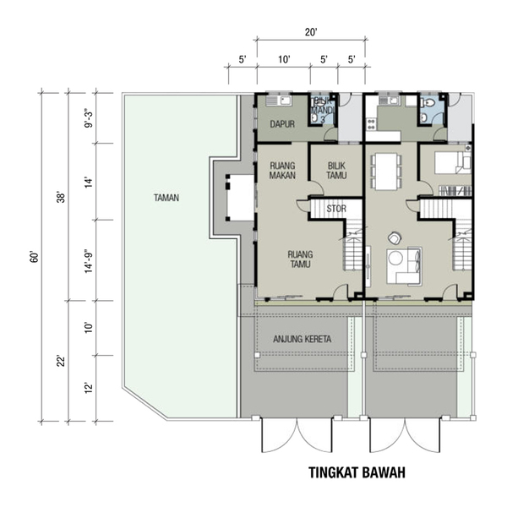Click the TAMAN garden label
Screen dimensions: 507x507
(x=166, y=198)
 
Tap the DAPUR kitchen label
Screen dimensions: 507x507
(x=282, y=124)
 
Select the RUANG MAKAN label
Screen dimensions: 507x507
(x=282, y=171)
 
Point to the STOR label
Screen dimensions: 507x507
(x=336, y=209)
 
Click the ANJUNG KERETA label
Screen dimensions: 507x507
(x=302, y=339)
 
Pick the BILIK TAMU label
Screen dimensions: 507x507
(x=336, y=171)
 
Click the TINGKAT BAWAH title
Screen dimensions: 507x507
(x=357, y=472)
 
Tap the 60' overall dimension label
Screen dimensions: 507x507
(x=35, y=256)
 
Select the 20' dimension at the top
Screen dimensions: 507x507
(x=311, y=32)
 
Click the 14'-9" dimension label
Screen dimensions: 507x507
(x=89, y=261)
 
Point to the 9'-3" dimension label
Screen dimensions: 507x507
(x=89, y=118)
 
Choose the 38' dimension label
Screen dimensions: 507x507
(x=61, y=197)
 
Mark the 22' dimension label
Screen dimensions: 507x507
(x=61, y=361)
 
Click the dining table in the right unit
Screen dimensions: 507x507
(x=386, y=172)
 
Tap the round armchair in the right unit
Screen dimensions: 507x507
(x=395, y=238)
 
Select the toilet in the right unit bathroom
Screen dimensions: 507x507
(x=428, y=102)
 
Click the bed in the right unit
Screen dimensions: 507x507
(x=453, y=162)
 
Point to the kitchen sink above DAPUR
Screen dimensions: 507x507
(x=279, y=101)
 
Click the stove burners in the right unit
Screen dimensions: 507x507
(x=371, y=124)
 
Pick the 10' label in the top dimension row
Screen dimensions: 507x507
(x=284, y=59)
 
